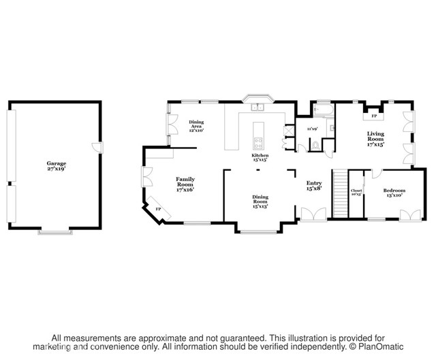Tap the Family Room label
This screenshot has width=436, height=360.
pyautogui.click(x=185, y=184)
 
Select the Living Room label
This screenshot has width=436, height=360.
pyautogui.click(x=376, y=139)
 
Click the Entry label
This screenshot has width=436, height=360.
pyautogui.click(x=313, y=185)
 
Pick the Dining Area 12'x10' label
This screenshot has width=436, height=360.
pyautogui.click(x=197, y=126)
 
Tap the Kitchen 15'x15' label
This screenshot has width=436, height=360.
pyautogui.click(x=260, y=158)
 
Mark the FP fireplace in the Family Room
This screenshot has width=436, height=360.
pyautogui.click(x=159, y=209)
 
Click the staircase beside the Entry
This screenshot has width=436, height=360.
pyautogui.click(x=339, y=194)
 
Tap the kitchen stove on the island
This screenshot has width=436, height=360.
pyautogui.click(x=258, y=143)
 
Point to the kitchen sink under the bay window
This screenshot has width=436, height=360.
pyautogui.click(x=258, y=107)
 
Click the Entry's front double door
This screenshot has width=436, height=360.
pyautogui.click(x=313, y=216)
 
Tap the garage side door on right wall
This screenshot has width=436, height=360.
pyautogui.click(x=99, y=148)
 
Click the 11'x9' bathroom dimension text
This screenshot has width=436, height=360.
pyautogui.click(x=312, y=128)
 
